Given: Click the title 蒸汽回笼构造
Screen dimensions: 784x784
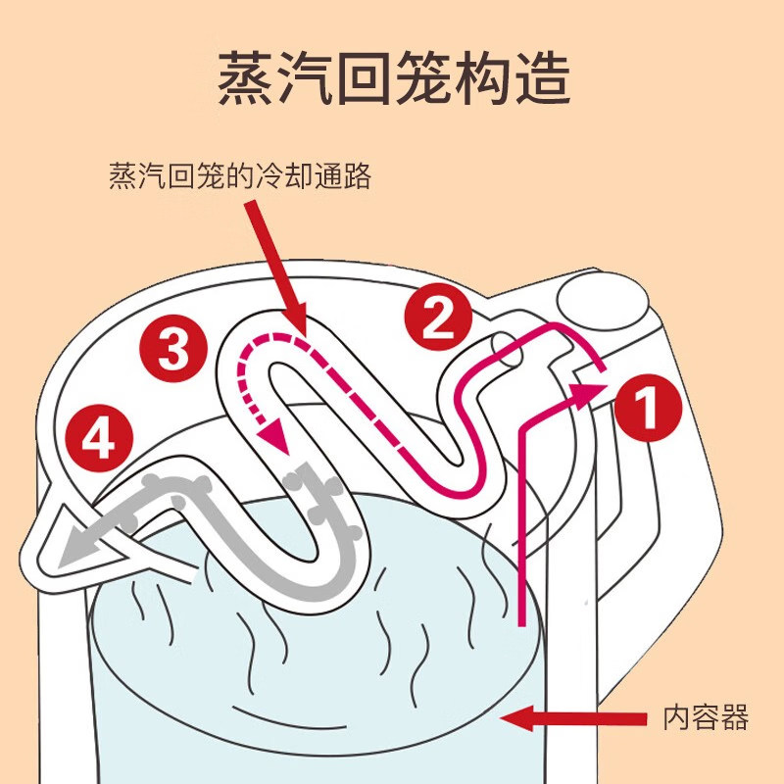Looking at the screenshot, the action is pos(392,78).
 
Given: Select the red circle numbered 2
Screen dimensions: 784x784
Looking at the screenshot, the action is pos(438,315).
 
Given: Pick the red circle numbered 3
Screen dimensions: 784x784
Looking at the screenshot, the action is pos(173,346).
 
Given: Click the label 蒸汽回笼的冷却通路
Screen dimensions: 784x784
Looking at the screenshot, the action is pos(240,177).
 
